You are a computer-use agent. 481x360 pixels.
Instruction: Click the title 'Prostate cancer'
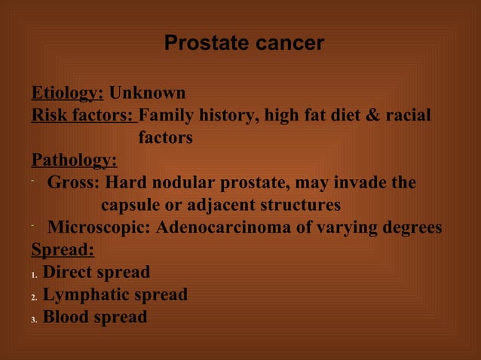tap(244, 44)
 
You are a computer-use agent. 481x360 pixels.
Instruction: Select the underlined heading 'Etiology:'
tap(67, 93)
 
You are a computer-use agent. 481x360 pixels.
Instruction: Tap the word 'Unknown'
tap(148, 93)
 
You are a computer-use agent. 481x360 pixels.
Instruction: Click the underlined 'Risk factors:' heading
tap(83, 116)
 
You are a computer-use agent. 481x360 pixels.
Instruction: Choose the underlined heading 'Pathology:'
tap(74, 160)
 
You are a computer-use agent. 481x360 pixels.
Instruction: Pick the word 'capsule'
tap(132, 205)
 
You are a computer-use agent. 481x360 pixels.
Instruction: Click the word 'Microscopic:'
tap(99, 227)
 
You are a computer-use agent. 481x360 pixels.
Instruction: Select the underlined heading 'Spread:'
tap(63, 249)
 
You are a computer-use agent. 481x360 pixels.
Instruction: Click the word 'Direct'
tap(69, 272)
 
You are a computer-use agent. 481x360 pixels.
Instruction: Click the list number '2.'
tap(35, 297)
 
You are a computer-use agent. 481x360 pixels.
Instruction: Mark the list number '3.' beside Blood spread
tap(35, 319)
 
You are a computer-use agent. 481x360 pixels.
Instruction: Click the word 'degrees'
tap(410, 227)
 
